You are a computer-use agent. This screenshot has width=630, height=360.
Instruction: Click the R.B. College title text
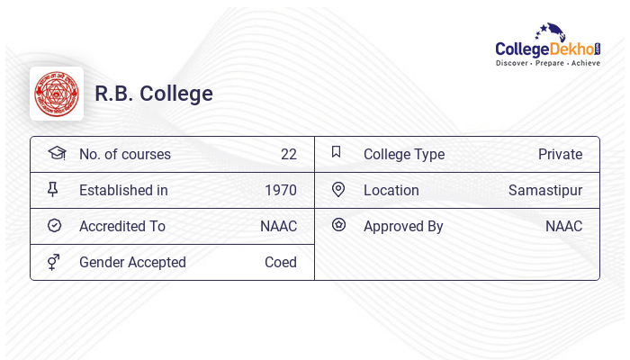[154, 94]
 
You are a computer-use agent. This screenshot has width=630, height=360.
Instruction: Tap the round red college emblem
[57, 94]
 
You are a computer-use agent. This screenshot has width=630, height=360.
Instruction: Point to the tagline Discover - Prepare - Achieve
[547, 64]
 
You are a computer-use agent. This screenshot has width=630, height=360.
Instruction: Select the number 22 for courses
[288, 154]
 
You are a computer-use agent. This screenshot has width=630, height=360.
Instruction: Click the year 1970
[281, 190]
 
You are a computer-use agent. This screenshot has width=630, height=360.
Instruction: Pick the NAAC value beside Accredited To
[278, 226]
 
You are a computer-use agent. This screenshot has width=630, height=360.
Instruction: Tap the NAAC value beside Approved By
[563, 226]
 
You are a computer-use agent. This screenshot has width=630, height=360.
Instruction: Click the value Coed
[281, 262]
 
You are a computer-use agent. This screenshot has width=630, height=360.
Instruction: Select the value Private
[560, 154]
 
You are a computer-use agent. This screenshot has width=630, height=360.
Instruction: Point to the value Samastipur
[545, 190]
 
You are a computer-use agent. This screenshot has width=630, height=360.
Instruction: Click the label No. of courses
[125, 154]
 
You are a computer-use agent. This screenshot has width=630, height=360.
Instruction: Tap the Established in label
[123, 190]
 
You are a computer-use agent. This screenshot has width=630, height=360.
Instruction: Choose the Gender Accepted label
[132, 262]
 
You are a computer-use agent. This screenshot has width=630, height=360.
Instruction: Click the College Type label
[404, 154]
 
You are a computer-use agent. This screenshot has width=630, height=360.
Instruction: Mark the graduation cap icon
[56, 153]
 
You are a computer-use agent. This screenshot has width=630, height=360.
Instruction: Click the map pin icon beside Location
[338, 189]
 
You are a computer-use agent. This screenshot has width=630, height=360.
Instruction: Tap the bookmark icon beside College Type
[337, 152]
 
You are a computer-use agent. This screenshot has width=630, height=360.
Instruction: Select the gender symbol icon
[54, 262]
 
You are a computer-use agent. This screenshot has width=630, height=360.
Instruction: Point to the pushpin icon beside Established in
[53, 189]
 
